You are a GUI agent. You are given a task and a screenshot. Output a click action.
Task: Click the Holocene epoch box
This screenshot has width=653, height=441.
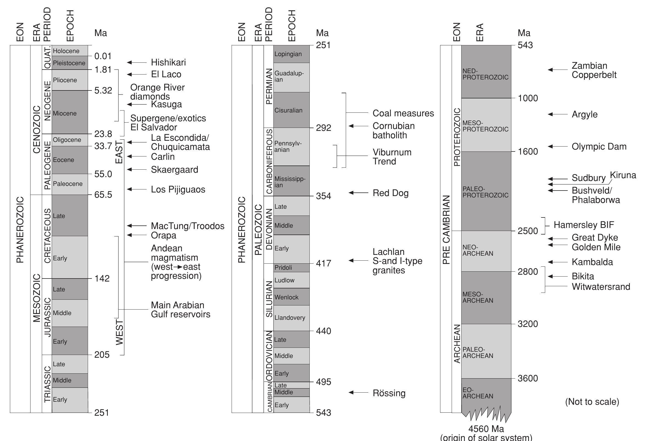click(x=70, y=51)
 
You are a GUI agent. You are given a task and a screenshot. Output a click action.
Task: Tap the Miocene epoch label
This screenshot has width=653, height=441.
click(x=65, y=114)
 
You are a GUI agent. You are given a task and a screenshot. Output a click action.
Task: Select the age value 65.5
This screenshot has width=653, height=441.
click(x=103, y=195)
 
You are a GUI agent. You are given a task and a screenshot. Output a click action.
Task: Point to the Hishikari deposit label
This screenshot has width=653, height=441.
click(x=168, y=62)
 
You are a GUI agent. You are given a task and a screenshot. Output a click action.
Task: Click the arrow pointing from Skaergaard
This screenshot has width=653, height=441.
click(x=137, y=169)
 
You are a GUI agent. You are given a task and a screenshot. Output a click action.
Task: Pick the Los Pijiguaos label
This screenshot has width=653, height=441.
click(x=178, y=190)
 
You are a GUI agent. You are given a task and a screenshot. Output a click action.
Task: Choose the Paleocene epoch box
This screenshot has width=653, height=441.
click(x=70, y=184)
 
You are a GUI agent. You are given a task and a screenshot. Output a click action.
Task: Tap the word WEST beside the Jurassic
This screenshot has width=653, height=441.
click(x=119, y=332)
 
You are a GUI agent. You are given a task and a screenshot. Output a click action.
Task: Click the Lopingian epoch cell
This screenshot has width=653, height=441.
click(x=291, y=54)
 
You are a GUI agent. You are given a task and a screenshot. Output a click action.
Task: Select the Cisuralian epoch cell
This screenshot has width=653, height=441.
click(x=291, y=110)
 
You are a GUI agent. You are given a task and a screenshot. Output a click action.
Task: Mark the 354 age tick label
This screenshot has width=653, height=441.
click(x=323, y=196)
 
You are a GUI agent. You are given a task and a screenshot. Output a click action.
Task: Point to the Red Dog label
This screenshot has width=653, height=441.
click(x=390, y=193)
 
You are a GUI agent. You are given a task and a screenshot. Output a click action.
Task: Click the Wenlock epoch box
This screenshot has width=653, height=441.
click(x=291, y=297)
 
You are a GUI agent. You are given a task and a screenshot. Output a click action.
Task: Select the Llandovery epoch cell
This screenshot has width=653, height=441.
click(x=291, y=318)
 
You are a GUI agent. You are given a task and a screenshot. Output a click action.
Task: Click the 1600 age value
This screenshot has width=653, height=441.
click(x=528, y=152)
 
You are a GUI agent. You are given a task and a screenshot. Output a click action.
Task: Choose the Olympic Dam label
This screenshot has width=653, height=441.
click(x=599, y=147)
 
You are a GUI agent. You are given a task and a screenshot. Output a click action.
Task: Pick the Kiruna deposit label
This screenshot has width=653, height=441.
click(x=623, y=175)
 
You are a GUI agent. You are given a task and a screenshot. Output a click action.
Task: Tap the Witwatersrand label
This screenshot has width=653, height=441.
click(x=601, y=287)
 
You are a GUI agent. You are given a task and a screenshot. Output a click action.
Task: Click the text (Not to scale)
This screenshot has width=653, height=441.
click(x=592, y=402)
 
